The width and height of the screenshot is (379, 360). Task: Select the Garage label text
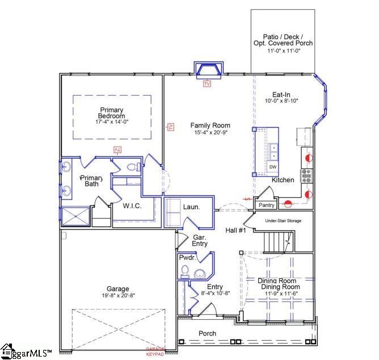118,289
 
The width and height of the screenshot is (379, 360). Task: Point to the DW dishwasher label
273,167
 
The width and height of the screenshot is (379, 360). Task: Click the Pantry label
266,205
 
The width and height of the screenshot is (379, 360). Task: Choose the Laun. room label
191,207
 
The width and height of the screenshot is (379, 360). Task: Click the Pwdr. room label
187,257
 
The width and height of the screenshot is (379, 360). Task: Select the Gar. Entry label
200,240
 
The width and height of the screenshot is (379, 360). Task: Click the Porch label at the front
207,333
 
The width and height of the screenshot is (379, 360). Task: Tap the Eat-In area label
281,95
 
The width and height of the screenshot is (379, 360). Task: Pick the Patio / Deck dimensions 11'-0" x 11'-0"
283,51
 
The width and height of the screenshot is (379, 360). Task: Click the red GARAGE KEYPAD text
155,351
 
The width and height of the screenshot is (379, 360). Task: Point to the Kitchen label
283,180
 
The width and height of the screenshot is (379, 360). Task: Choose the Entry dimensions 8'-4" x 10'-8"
215,293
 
